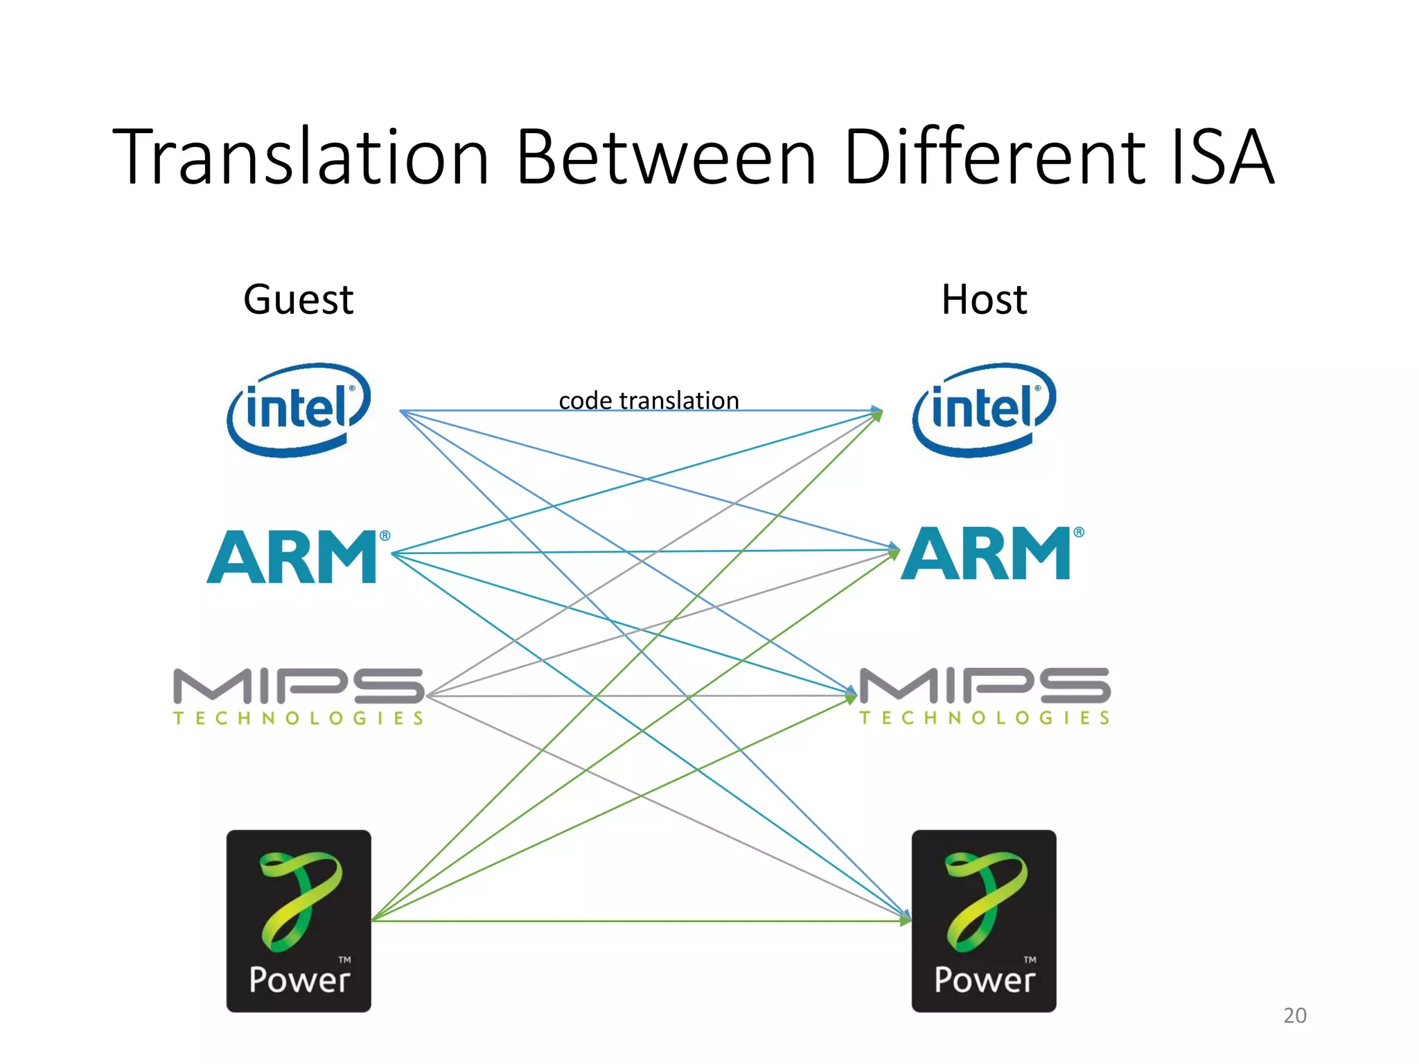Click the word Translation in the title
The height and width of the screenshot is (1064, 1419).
click(301, 157)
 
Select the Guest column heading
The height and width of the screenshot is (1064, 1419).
click(298, 300)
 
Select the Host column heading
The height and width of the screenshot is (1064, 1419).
click(984, 300)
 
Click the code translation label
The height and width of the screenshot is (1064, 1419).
click(649, 400)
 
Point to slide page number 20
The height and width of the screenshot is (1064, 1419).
click(1294, 1016)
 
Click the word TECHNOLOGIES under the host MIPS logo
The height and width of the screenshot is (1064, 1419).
click(984, 718)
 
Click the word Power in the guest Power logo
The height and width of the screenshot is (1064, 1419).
click(299, 979)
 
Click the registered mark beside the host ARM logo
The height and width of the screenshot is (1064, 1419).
click(1079, 532)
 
